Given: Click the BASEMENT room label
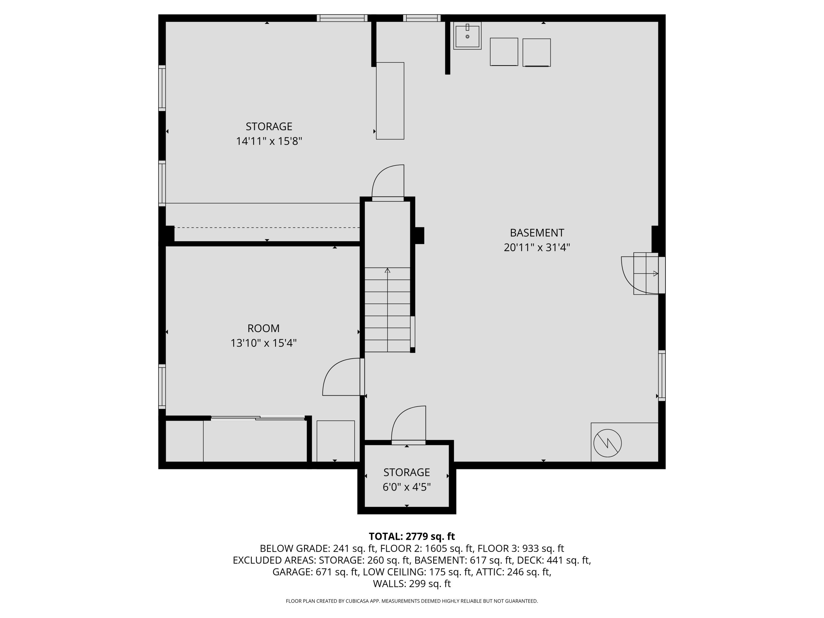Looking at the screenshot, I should [537, 233].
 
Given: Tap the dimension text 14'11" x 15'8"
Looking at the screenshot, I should [269, 141].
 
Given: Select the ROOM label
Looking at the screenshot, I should [263, 328].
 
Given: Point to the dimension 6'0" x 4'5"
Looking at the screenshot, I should [407, 487].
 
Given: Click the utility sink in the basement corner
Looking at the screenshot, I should [467, 36].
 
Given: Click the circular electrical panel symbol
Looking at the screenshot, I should [607, 443].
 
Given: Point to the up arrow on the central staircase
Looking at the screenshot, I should [387, 271].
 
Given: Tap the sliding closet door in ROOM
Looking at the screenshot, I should [258, 418].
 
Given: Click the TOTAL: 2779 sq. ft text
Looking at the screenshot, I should [412, 536].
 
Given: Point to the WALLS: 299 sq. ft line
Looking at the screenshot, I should [412, 584].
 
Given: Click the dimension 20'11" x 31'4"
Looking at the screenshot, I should [537, 248].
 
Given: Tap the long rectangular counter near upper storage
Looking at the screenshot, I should [390, 101].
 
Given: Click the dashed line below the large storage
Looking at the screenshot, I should [267, 227].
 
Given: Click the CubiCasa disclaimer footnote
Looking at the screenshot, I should [412, 601].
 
